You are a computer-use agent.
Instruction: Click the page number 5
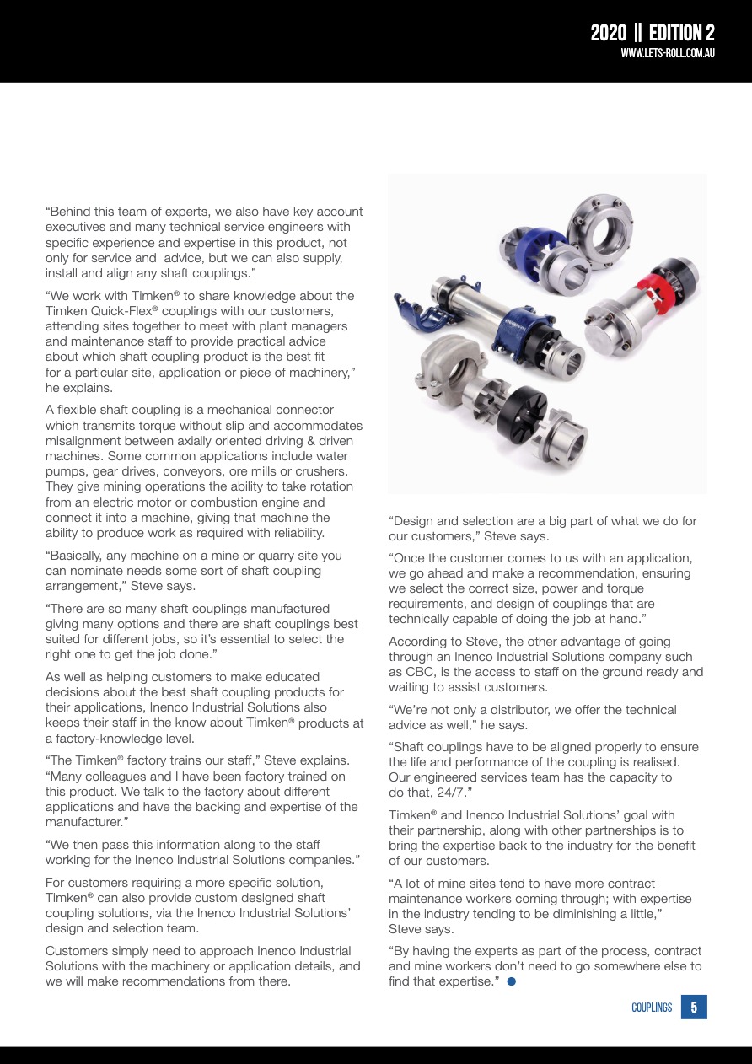click(x=694, y=1007)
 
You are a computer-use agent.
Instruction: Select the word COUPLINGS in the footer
click(x=652, y=1008)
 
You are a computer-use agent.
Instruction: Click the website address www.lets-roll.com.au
click(x=668, y=52)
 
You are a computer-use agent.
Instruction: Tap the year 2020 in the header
click(x=608, y=33)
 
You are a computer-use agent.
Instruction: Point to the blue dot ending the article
click(x=512, y=981)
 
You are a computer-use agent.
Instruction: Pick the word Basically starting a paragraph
click(x=82, y=556)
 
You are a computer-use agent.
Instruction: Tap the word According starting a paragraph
click(x=416, y=642)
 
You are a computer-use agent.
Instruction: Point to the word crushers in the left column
click(x=323, y=471)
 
